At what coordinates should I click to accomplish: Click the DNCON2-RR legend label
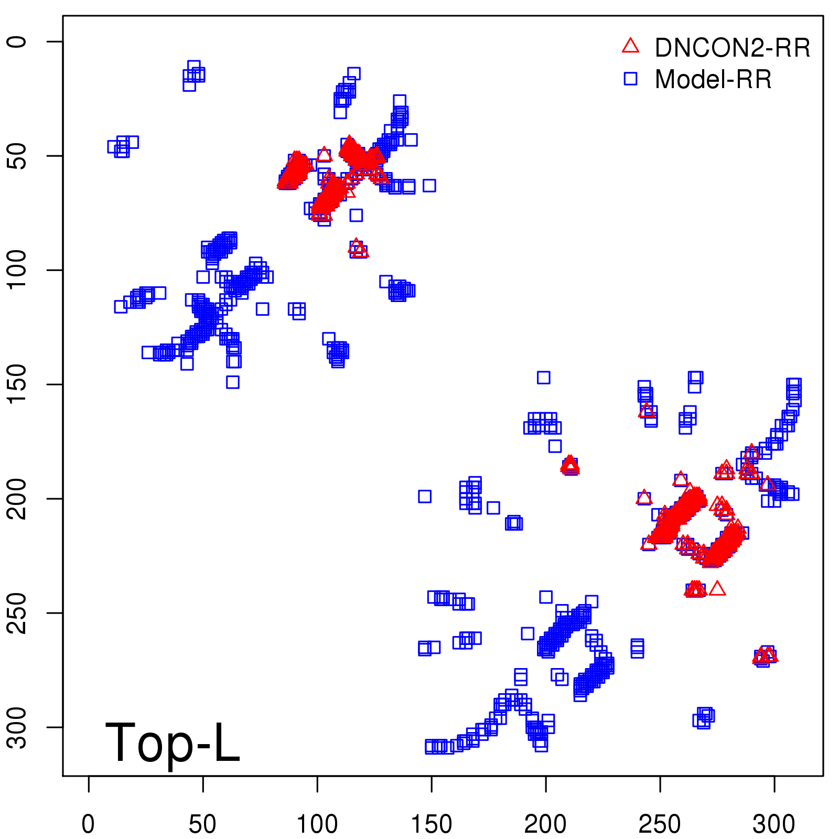coord(732,48)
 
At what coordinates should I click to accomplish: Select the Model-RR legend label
coord(713,80)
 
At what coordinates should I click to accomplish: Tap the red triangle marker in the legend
coord(630,46)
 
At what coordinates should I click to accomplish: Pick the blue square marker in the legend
coord(630,79)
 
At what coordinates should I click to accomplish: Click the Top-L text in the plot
coord(173,743)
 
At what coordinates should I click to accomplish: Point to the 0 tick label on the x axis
coord(88,824)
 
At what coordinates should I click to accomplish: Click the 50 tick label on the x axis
coord(202,824)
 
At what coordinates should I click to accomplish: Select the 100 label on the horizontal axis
coord(317,824)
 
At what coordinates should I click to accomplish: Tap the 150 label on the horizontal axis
coord(431,824)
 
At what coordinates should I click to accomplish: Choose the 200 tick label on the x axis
coord(545,824)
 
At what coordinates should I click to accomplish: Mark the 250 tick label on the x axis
coord(660,824)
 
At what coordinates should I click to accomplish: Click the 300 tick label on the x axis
coord(774,824)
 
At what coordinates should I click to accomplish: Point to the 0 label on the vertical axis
coord(17,41)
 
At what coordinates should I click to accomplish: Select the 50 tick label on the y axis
coord(17,156)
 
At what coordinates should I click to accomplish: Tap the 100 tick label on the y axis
coord(17,270)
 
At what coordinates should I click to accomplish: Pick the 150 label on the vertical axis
coord(17,384)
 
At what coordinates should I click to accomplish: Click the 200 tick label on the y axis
coord(17,499)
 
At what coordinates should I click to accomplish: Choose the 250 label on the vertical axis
coord(17,613)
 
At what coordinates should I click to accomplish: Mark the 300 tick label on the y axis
coord(17,727)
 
